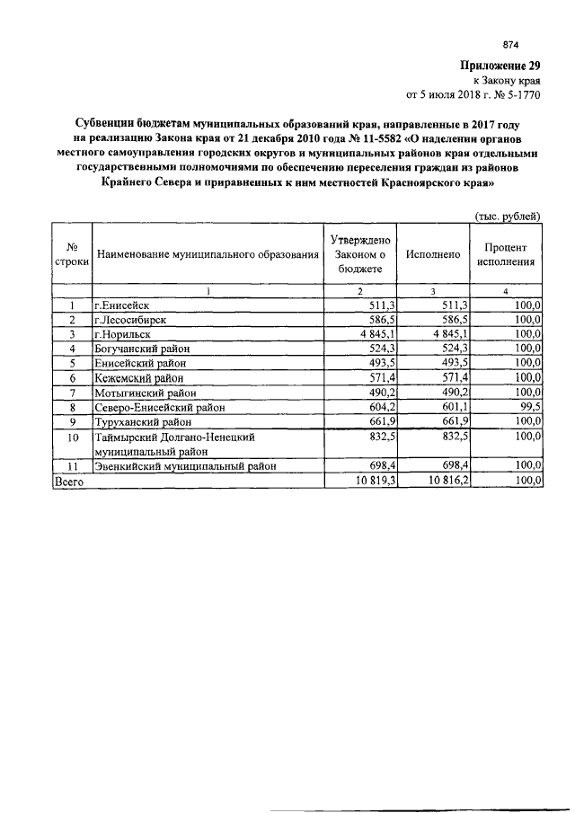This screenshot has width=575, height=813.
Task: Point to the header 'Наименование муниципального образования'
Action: [208, 255]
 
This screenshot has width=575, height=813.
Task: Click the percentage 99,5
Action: [528, 405]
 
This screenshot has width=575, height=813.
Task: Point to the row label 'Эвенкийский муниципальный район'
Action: [183, 467]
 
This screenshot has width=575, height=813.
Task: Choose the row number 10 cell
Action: [72, 437]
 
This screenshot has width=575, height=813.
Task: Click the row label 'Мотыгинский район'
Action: [143, 391]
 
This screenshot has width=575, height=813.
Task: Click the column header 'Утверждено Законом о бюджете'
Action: [359, 254]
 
